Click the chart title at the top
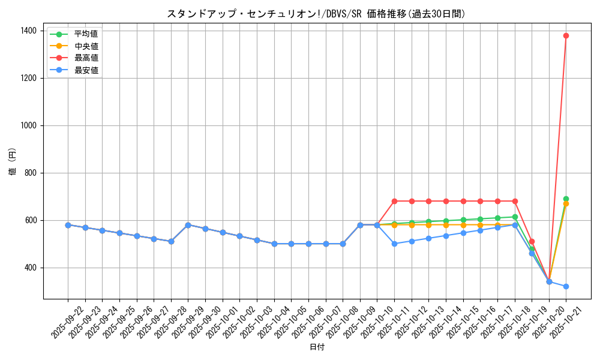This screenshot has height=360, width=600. coord(316,14)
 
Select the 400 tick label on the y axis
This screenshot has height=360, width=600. coord(30,268)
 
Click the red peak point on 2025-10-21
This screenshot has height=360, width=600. coord(566,35)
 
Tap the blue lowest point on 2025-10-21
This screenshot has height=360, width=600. coord(566,286)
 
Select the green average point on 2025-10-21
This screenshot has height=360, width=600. coord(566,199)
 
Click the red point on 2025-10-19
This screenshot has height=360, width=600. coord(532,241)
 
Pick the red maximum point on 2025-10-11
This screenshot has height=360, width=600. coord(394,201)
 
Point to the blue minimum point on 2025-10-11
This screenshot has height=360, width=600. coord(394,244)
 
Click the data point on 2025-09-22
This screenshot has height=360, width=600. coord(68,225)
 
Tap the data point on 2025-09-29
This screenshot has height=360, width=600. coord(188,225)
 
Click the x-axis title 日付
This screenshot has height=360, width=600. coord(317,347)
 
